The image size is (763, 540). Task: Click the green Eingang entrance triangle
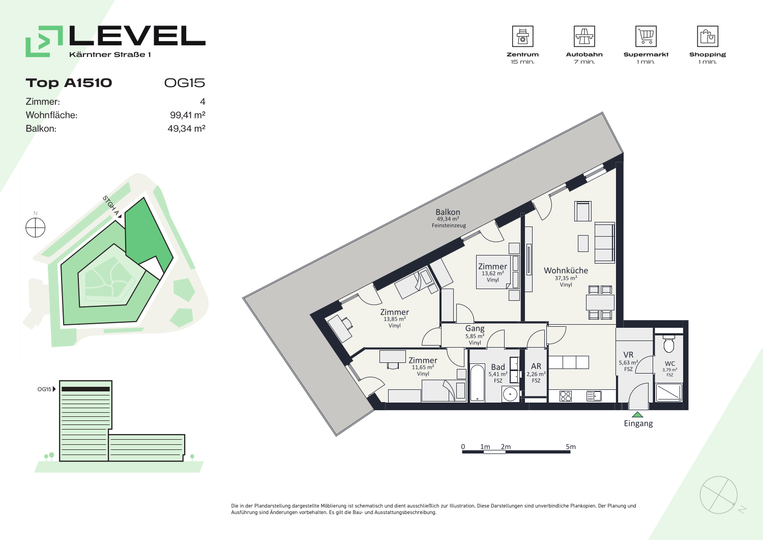click(637, 415)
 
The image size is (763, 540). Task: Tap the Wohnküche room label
click(566, 270)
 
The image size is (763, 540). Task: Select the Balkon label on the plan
click(448, 212)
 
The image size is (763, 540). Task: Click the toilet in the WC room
click(669, 344)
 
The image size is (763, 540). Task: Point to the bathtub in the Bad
click(477, 383)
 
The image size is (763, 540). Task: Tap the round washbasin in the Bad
click(510, 394)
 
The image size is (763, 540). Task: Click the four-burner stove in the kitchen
click(566, 396)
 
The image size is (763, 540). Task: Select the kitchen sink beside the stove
click(594, 396)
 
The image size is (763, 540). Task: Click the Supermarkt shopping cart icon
click(646, 36)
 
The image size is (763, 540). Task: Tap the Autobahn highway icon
click(584, 36)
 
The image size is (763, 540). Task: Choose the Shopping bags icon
click(708, 36)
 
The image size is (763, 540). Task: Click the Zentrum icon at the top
click(522, 36)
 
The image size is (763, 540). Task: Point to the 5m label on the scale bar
click(571, 446)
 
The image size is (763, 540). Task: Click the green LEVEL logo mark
click(44, 41)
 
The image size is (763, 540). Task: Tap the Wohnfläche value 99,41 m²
click(188, 115)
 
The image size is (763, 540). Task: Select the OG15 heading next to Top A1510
click(185, 83)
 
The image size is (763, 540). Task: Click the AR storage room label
click(536, 366)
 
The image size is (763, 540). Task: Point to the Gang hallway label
click(475, 329)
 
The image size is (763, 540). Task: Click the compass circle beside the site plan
click(36, 228)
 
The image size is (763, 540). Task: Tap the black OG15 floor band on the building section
click(85, 389)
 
